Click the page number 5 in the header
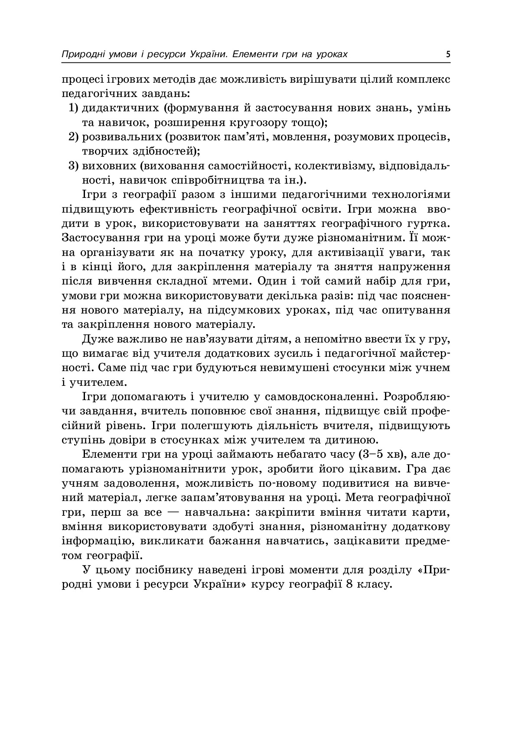448,55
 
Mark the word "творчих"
101,152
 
